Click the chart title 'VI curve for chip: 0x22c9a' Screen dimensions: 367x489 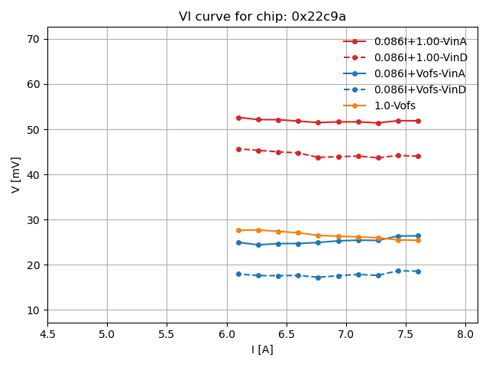[262, 17]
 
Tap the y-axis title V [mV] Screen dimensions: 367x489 [16, 174]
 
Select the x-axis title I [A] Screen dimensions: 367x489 [262, 349]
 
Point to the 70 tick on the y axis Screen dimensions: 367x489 [33, 39]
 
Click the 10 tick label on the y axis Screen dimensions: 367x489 [33, 310]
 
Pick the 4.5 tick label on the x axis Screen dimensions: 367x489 [47, 334]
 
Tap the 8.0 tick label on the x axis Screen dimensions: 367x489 [465, 334]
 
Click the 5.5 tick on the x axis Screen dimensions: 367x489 [167, 334]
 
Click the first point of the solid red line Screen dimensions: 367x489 [238, 118]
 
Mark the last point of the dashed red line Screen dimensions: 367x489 [418, 156]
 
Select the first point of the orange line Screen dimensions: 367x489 [238, 230]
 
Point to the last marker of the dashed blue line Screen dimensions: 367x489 [418, 271]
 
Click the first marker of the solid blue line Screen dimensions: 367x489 [238, 242]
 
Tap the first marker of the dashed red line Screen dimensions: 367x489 [238, 149]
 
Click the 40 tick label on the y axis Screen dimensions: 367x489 [33, 175]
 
